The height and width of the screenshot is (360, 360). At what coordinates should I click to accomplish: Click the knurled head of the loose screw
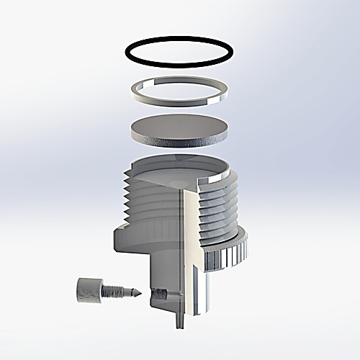[x=84, y=291]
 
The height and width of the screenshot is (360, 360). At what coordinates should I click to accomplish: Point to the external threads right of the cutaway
[x=220, y=205]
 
